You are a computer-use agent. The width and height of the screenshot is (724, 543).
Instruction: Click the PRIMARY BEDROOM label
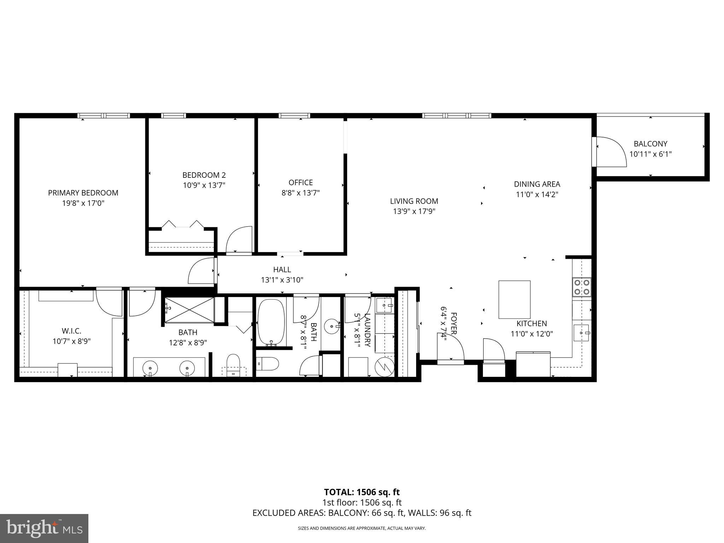[83, 193]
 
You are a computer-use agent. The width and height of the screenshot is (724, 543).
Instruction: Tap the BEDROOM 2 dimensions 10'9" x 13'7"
[204, 185]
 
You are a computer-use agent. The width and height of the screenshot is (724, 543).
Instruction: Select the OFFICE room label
[300, 182]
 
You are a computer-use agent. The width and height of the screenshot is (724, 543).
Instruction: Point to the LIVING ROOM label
[414, 201]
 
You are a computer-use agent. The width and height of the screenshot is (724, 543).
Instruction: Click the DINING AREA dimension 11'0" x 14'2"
[537, 194]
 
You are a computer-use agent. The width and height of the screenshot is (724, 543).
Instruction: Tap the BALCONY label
[650, 144]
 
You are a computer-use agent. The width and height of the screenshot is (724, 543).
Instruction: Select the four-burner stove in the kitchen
[582, 287]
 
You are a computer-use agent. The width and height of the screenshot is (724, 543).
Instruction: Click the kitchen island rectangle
[514, 299]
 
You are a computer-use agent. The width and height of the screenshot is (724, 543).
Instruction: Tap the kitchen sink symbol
[581, 333]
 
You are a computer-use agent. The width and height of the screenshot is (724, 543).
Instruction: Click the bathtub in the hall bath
[271, 322]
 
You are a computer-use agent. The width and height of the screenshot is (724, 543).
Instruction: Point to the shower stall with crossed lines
[190, 310]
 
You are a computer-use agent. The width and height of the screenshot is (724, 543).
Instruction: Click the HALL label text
[282, 270]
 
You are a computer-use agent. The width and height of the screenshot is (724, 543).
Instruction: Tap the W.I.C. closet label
[71, 331]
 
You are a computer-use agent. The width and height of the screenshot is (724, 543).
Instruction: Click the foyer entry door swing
[452, 348]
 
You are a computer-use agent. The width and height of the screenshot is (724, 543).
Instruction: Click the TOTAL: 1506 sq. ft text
[362, 492]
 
